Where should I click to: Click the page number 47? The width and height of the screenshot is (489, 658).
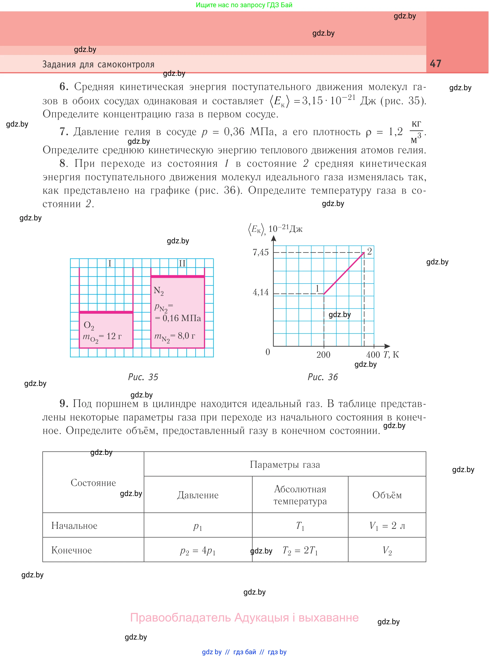[435, 64]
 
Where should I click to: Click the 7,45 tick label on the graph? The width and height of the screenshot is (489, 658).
[260, 252]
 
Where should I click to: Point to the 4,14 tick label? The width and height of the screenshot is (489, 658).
[260, 293]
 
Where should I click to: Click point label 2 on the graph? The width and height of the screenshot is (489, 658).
[369, 251]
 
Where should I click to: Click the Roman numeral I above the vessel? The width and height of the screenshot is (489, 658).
[110, 263]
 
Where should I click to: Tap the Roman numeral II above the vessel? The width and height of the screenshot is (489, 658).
[182, 263]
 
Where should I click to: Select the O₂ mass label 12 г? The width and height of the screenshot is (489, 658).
[114, 336]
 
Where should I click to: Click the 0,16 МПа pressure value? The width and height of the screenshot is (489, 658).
[181, 318]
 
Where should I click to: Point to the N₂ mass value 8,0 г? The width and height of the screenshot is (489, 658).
[186, 336]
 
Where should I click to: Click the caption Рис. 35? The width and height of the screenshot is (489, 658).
[143, 377]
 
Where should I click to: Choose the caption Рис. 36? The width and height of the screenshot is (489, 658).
[323, 377]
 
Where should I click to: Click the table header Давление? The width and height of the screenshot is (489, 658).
[198, 495]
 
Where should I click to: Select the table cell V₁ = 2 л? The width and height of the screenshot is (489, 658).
[387, 526]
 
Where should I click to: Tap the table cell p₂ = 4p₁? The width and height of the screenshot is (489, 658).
[198, 551]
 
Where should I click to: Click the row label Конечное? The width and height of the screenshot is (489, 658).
[72, 550]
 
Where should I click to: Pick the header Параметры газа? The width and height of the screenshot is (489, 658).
[285, 464]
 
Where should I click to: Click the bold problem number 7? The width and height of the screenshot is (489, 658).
[64, 132]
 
